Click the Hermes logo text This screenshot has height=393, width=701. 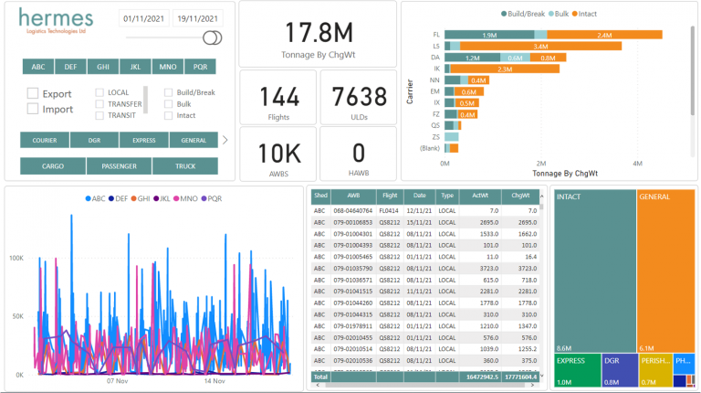[56, 20]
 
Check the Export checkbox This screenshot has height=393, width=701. [33, 93]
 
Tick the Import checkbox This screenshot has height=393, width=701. [33, 109]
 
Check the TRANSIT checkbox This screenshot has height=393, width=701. [100, 116]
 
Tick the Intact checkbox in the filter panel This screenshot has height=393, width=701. [169, 116]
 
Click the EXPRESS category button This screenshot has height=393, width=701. [144, 141]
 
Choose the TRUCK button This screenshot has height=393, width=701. [185, 166]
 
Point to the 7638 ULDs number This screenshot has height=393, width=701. [358, 97]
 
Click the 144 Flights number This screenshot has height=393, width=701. [278, 97]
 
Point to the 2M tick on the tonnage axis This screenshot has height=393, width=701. [541, 163]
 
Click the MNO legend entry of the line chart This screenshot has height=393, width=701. [188, 197]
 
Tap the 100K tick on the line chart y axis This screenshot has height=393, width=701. [16, 259]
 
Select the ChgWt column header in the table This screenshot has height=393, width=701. [520, 196]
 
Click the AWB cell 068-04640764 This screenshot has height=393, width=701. [351, 209]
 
